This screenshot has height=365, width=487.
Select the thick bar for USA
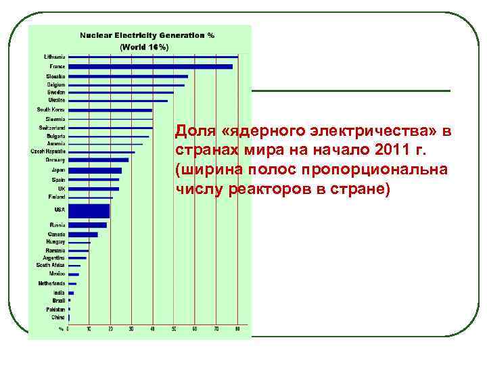89,211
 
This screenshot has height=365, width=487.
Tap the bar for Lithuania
153,57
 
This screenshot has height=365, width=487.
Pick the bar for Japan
95,170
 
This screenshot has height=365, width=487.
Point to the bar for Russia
87,225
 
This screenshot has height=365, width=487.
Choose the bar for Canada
83,235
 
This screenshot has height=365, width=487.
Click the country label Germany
56,160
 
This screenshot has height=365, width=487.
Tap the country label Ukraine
57,100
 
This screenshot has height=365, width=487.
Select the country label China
58,316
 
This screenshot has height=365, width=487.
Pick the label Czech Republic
48,152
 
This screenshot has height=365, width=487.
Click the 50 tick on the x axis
173,329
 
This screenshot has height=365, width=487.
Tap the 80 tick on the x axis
237,329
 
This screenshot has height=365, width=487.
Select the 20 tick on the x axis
110,329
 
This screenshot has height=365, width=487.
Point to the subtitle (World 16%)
144,47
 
